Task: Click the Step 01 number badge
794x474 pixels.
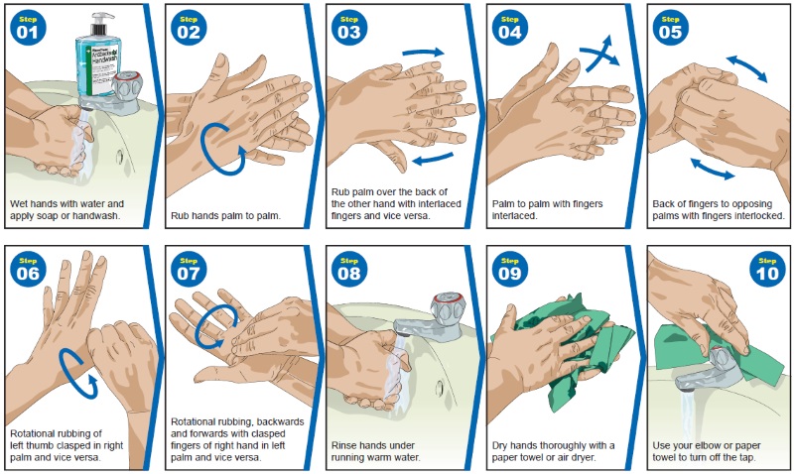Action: click(x=28, y=28)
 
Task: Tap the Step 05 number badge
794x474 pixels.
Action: click(x=671, y=28)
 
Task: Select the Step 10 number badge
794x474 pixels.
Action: click(x=766, y=268)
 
